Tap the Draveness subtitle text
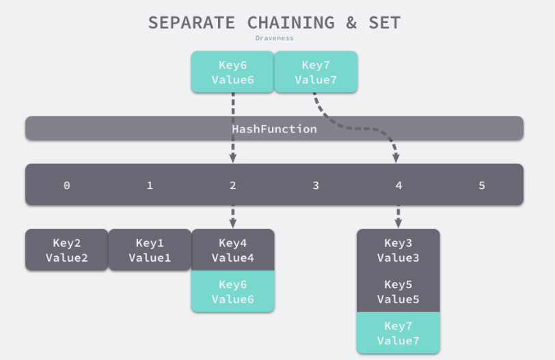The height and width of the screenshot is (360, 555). [x=274, y=38]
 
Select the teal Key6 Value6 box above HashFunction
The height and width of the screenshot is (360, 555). [x=232, y=72]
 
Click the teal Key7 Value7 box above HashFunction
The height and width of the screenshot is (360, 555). [x=316, y=72]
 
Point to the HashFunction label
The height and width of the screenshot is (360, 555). [x=274, y=128]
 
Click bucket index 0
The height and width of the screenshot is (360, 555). [x=66, y=185]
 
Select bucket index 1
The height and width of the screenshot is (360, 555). [x=150, y=185]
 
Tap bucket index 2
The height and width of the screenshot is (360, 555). [x=232, y=185]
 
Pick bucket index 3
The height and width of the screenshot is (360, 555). [x=316, y=185]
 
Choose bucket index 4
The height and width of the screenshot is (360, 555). [x=398, y=185]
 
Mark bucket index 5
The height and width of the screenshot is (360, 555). [x=482, y=185]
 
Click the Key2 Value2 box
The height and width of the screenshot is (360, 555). [x=66, y=250]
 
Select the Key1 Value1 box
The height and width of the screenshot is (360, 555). [x=150, y=250]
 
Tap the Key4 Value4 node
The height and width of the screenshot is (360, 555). [x=232, y=250]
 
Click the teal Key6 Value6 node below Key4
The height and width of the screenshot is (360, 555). [x=232, y=292]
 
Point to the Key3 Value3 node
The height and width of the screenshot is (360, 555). [x=398, y=250]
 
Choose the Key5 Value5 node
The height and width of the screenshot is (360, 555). [x=398, y=292]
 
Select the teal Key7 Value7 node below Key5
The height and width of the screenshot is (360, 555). [x=398, y=333]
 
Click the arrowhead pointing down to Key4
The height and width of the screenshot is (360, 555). [x=232, y=224]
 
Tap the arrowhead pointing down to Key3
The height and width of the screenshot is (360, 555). [x=398, y=224]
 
